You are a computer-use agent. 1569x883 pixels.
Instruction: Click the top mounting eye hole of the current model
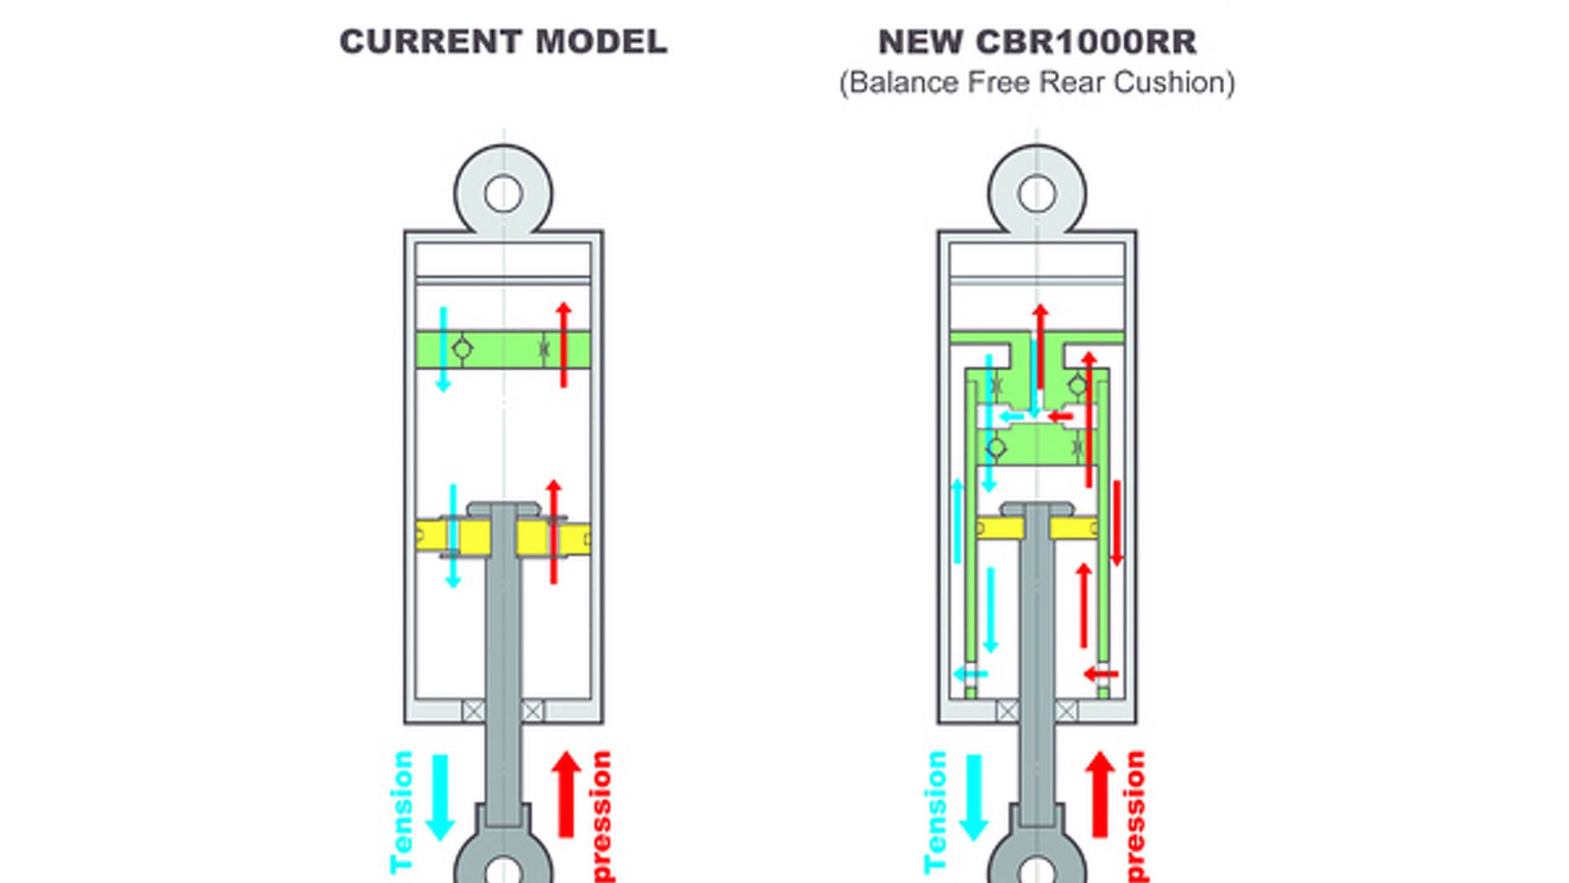coord(503,195)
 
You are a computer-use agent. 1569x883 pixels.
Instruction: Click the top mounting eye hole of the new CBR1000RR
coord(1037,195)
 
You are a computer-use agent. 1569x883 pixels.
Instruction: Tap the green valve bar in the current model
coord(503,350)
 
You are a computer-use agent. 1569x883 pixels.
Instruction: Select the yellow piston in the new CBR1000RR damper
coord(999,528)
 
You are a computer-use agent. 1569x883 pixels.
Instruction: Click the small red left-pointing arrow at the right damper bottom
coord(1100,675)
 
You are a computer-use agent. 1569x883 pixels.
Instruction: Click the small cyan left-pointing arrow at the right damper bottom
coord(971,675)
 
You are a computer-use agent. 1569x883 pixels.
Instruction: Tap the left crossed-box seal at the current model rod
coord(473,710)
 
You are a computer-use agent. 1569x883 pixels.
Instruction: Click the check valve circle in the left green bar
coord(462,349)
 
